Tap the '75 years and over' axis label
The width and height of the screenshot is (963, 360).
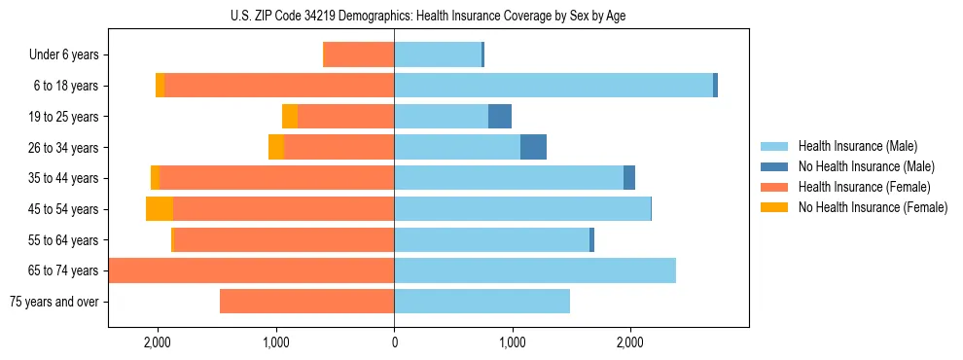pos(53,302)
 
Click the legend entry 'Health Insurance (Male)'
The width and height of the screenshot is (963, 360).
pos(857,146)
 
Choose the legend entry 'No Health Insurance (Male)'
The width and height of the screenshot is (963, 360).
pos(866,166)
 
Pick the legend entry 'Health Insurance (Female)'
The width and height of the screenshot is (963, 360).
pos(864,187)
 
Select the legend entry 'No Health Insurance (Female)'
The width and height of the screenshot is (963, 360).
pos(873,207)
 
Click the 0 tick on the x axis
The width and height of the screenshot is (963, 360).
pos(394,342)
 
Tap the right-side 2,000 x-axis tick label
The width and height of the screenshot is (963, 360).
pos(629,342)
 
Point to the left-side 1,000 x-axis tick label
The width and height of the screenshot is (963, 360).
pos(276,342)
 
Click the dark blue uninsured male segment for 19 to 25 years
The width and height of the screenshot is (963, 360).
pos(500,117)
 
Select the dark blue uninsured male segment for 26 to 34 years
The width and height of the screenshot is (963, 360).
pos(533,147)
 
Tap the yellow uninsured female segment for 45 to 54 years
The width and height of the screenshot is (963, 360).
pos(160,208)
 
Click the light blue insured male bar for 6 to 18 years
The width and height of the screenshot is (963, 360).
pos(553,86)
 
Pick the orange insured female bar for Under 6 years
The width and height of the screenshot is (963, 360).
pos(358,54)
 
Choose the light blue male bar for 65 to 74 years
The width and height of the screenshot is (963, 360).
pos(535,270)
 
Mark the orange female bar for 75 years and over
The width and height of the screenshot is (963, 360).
pos(306,302)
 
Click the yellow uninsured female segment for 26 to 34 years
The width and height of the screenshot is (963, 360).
pos(276,147)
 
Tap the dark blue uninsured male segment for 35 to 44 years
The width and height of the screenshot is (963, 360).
pos(629,178)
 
